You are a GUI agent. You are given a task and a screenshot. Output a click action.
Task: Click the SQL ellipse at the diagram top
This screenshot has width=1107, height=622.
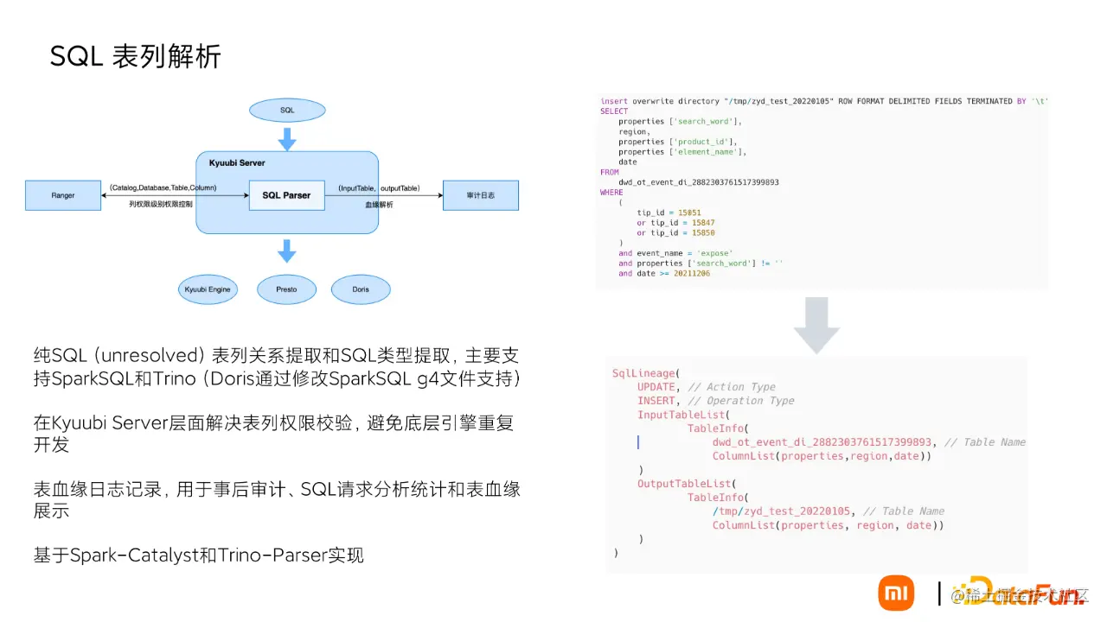(287, 111)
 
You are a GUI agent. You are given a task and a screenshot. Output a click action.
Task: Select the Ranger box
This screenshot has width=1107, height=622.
(63, 195)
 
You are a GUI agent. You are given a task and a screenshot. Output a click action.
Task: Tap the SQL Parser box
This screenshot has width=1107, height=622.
(286, 195)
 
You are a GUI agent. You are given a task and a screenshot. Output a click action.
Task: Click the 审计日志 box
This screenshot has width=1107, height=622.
(480, 195)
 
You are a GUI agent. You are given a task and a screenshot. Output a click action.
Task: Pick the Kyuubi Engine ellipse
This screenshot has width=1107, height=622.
(208, 289)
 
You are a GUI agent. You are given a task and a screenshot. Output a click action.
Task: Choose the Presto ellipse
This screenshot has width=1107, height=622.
(286, 289)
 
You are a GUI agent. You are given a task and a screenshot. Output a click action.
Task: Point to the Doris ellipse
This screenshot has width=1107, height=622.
(361, 289)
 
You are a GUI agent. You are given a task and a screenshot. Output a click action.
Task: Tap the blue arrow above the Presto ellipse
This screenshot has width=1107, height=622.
(287, 251)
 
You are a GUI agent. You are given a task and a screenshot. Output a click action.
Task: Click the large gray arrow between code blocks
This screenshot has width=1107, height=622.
(816, 325)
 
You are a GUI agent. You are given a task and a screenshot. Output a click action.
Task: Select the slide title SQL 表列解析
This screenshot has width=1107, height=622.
(136, 56)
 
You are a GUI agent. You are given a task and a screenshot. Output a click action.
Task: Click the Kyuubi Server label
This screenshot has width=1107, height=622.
(237, 163)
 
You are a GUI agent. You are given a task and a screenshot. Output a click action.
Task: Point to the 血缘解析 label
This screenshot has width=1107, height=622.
(379, 205)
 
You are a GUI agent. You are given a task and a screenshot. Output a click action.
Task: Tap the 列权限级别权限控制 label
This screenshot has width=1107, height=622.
(162, 206)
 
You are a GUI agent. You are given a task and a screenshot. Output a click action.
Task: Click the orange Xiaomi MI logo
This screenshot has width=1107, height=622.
(896, 593)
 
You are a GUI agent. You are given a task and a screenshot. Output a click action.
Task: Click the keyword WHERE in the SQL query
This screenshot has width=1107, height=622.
(611, 193)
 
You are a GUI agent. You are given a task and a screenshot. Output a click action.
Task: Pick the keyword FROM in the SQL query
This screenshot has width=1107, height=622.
(609, 172)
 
